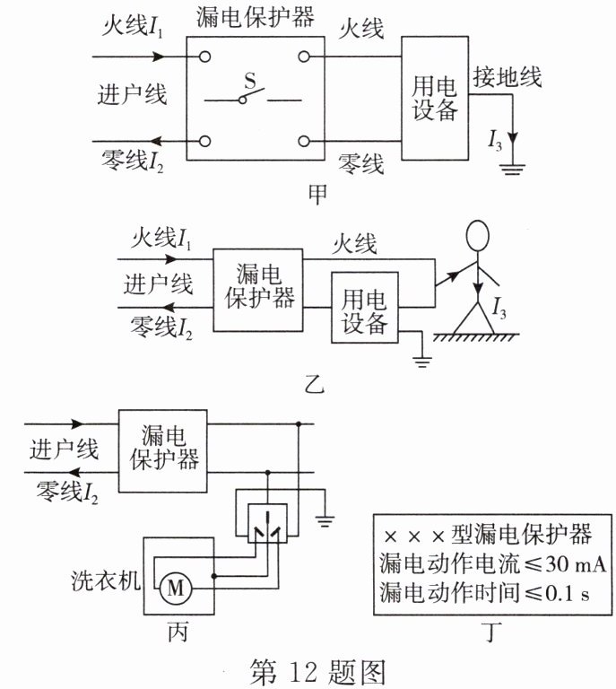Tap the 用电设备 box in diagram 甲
point(435,99)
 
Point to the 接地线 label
point(508,76)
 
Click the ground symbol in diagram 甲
point(513,167)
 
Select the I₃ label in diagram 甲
point(495,139)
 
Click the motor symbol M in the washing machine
point(176,589)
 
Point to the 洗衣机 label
point(106,580)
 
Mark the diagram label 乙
point(314,388)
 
